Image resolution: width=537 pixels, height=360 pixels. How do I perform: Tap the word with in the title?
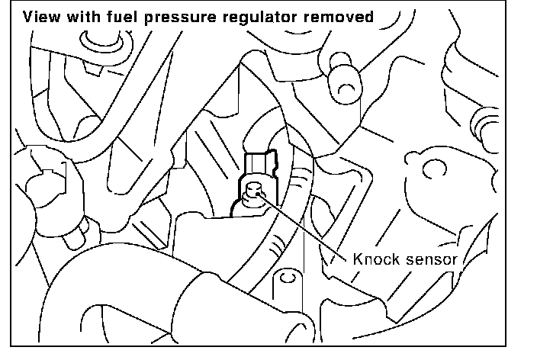coord(85,17)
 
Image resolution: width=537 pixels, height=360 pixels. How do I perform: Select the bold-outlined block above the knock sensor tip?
coord(260,164)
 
